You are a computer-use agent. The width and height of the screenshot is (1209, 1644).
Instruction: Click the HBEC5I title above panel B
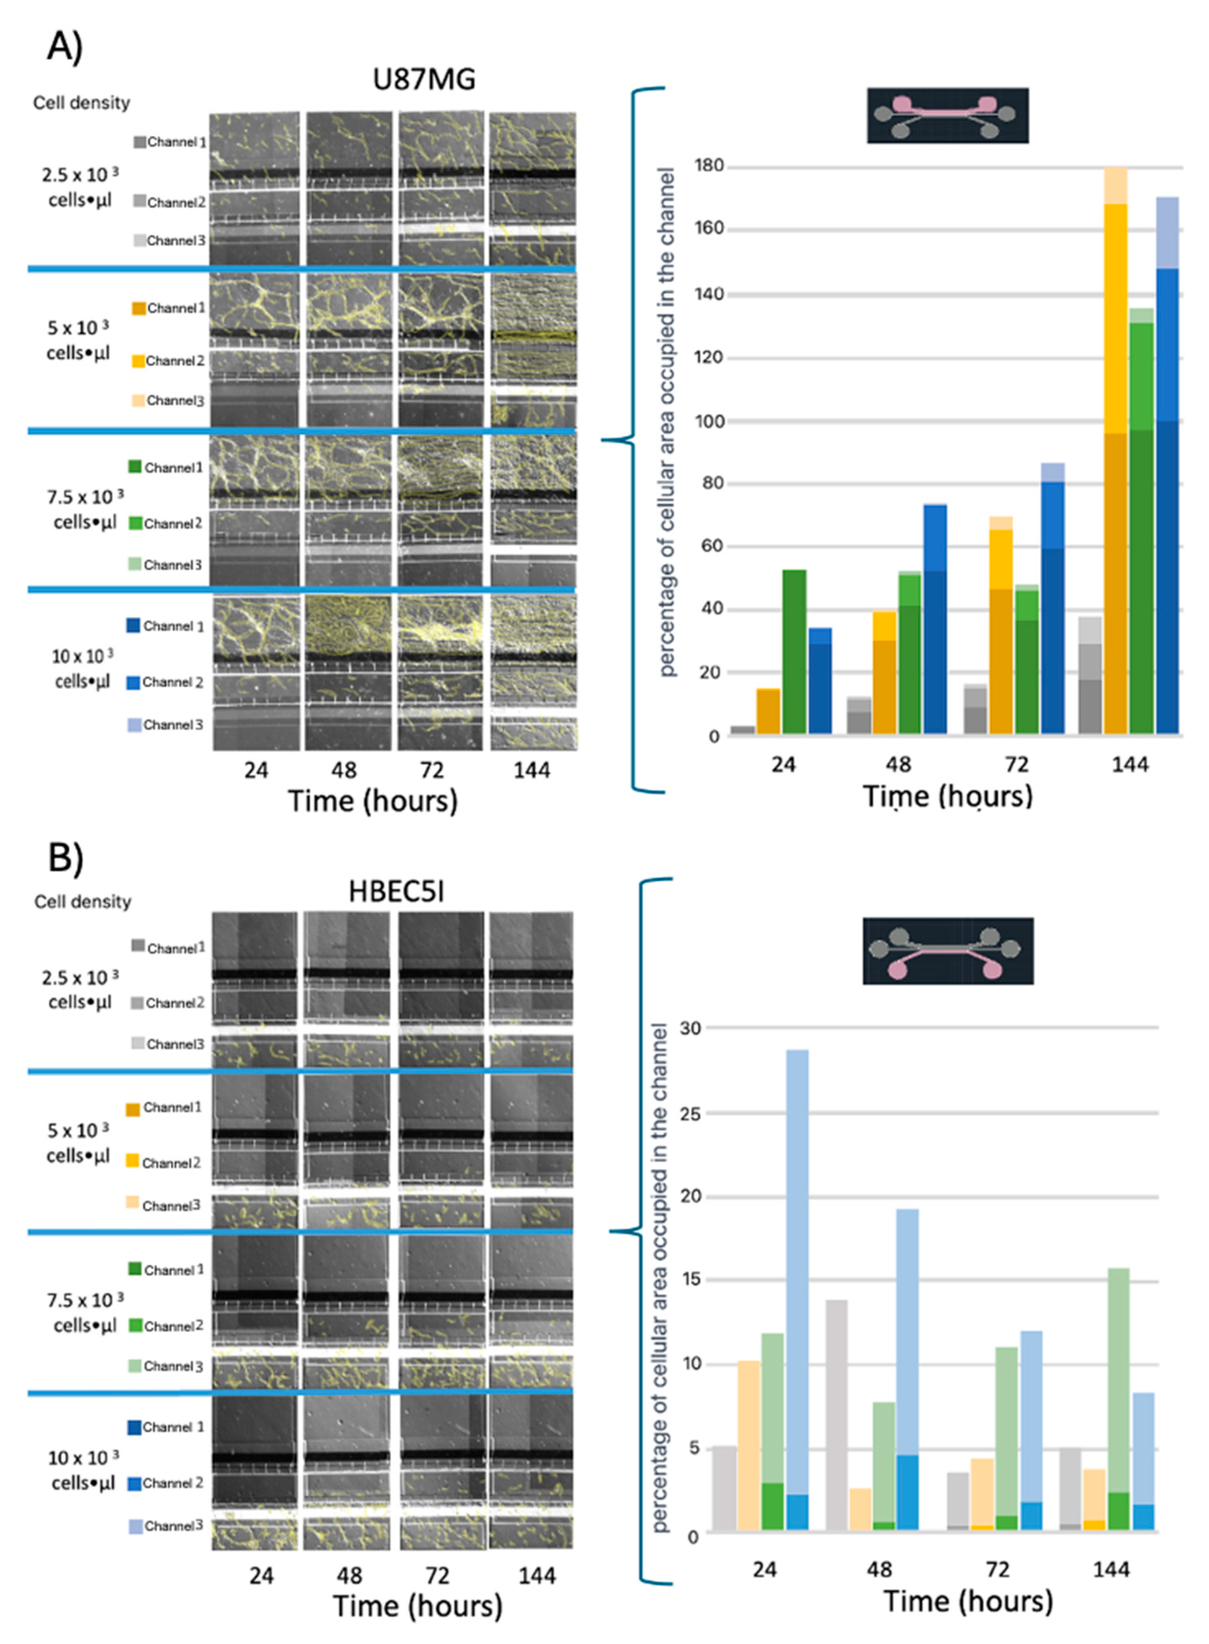pos(396,892)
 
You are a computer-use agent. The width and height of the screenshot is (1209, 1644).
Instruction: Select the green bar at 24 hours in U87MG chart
pos(794,652)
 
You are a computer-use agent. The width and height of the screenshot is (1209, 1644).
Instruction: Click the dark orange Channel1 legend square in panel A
pos(138,308)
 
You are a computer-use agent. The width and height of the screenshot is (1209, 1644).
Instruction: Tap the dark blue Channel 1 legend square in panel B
pos(134,1427)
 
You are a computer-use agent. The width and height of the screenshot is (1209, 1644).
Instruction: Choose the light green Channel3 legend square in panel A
pos(136,564)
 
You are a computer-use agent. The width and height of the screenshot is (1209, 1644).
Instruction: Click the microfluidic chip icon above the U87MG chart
pos(948,116)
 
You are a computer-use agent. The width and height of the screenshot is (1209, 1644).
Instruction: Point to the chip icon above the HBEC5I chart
pos(948,950)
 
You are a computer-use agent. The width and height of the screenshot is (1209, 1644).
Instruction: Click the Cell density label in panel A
pos(81,102)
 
